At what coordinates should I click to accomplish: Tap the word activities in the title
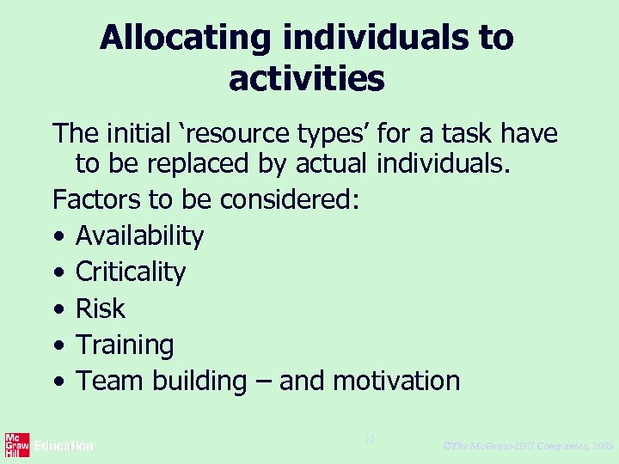click(x=306, y=79)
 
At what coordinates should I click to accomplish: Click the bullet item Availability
click(x=139, y=236)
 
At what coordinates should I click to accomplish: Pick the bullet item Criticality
click(x=131, y=272)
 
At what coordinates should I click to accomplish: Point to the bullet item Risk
click(x=101, y=308)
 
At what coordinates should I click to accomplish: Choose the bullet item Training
click(x=125, y=345)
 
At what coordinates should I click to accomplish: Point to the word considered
click(x=289, y=199)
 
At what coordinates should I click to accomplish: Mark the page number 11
click(x=369, y=439)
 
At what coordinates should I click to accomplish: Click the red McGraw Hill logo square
click(x=17, y=444)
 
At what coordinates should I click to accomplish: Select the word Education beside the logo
click(x=64, y=446)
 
